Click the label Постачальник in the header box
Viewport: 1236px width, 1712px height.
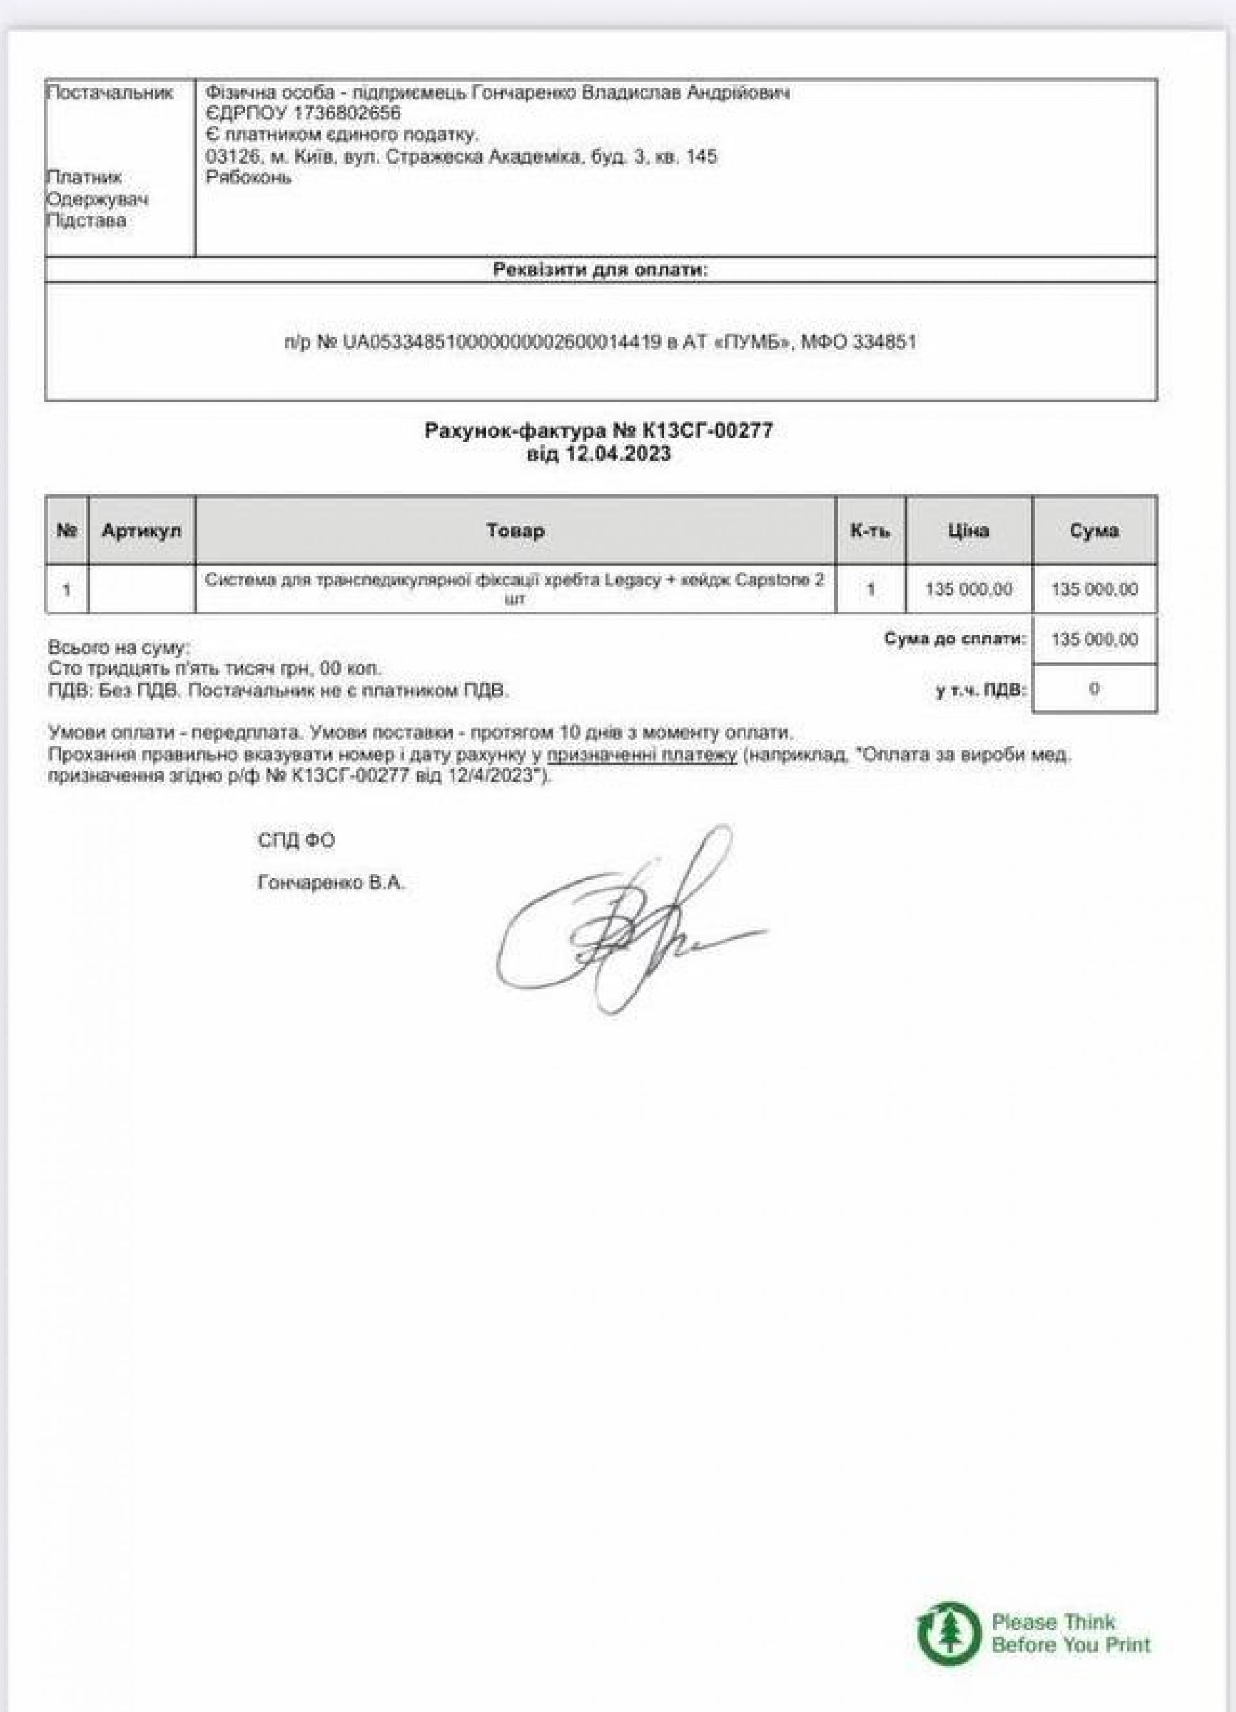click(110, 93)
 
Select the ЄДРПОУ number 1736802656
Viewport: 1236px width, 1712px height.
click(350, 113)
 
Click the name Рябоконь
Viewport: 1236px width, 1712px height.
click(248, 178)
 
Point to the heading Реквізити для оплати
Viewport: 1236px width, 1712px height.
click(601, 270)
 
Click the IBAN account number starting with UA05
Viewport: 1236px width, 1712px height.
click(501, 343)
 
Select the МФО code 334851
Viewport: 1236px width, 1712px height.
click(885, 343)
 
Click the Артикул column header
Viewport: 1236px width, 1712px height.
click(142, 531)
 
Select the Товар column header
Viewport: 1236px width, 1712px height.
click(516, 531)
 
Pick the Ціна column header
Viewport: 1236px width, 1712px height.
click(968, 531)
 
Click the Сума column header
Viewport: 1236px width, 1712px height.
click(1093, 531)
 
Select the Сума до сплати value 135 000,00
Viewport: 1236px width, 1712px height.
click(1093, 640)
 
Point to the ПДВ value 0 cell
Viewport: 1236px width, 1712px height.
click(1093, 688)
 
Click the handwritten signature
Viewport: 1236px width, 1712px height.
click(626, 921)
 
